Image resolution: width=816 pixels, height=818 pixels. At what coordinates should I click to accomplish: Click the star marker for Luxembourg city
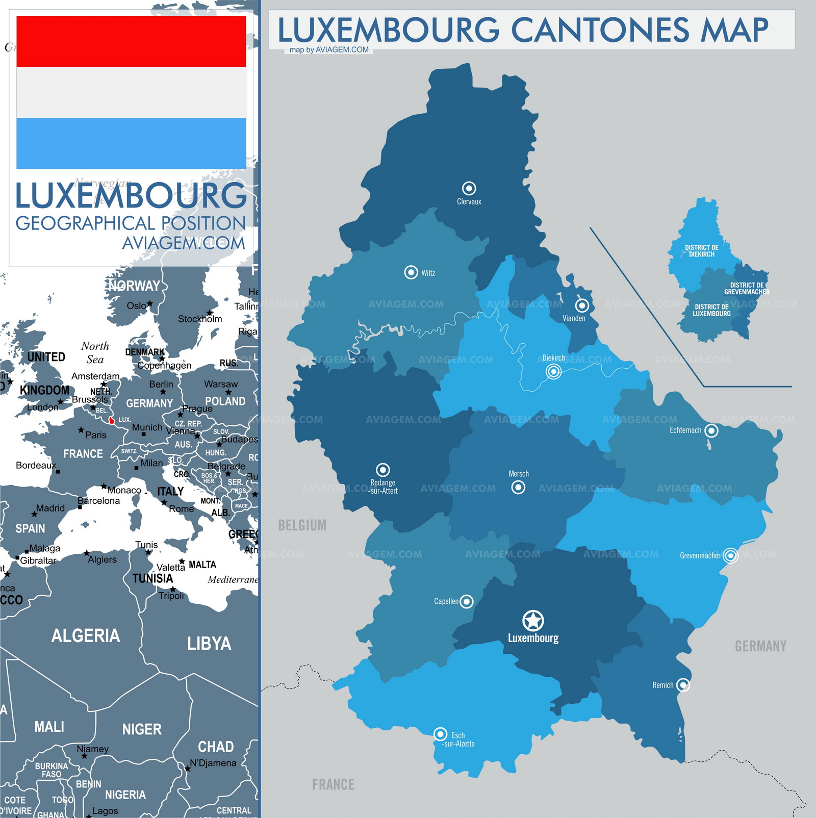point(533,621)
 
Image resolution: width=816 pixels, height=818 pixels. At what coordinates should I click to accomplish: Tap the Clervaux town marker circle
point(469,188)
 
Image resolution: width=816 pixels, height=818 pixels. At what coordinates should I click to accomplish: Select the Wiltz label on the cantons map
point(428,273)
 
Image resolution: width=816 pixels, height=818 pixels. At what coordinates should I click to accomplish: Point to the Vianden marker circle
point(582,305)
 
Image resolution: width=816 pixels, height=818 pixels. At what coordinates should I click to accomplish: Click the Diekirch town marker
point(553,371)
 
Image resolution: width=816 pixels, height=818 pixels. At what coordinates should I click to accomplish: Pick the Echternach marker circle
point(711,430)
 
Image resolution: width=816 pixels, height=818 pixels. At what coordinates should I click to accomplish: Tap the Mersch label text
point(519,474)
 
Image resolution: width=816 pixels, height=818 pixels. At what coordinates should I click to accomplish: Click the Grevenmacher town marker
point(730,555)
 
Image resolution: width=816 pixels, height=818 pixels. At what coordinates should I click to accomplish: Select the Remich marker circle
point(683,685)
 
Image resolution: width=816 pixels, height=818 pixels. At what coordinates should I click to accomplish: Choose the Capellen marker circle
point(466,601)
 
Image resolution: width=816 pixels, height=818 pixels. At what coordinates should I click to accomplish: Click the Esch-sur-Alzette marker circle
point(440,734)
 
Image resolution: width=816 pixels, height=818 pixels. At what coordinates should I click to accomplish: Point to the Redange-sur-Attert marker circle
point(382,470)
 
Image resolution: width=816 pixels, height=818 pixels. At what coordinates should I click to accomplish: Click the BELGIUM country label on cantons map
point(302,525)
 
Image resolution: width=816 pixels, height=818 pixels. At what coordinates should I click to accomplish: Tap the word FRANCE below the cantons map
point(333,784)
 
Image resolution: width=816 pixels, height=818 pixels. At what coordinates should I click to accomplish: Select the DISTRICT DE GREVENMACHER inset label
point(747,289)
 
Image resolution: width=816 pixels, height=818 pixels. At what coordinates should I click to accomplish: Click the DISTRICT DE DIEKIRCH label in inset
point(701,250)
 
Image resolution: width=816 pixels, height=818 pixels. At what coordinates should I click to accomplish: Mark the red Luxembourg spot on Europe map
point(112,421)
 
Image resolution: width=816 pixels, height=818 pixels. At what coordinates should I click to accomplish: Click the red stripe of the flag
point(131,41)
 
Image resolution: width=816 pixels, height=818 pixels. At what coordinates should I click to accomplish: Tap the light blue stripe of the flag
point(131,143)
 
